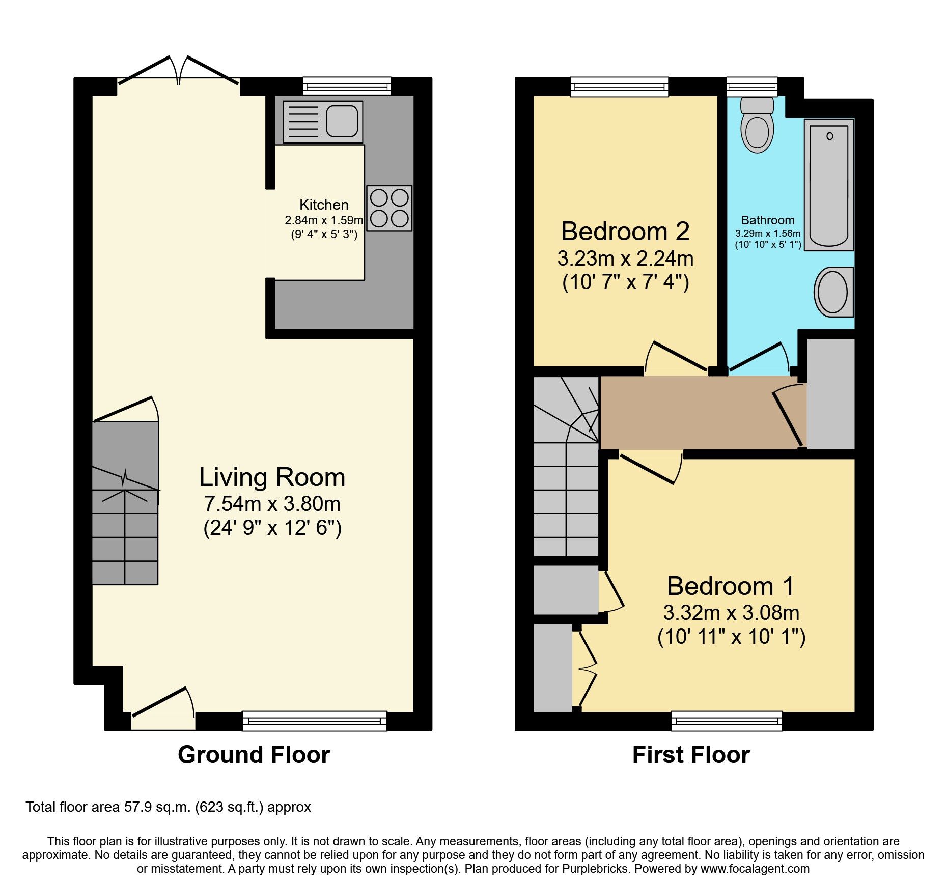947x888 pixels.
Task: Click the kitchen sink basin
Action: [342, 121]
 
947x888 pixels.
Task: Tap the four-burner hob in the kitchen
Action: [389, 208]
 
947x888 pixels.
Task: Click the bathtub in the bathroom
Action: [829, 185]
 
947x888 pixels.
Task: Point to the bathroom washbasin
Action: [833, 292]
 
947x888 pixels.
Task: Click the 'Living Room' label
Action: [272, 477]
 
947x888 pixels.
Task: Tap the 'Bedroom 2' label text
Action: [625, 232]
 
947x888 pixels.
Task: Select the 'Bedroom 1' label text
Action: [730, 586]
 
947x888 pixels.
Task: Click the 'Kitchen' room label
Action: [324, 205]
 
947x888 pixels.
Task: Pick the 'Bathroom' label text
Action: [767, 220]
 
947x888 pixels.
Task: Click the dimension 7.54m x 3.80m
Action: [272, 504]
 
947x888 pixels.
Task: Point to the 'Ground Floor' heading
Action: [254, 754]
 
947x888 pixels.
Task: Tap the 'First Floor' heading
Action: [690, 754]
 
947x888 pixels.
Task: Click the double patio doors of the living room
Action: [178, 76]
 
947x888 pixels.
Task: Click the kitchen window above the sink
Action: [347, 85]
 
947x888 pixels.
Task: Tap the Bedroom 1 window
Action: [727, 721]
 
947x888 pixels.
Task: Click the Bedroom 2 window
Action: [619, 87]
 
